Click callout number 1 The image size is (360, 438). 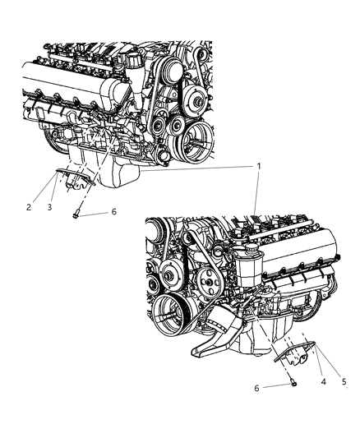pos(258,167)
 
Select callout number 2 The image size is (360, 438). pos(29,207)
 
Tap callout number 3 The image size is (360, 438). pos(49,207)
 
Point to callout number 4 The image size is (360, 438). pos(323,381)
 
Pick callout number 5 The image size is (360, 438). pos(344,381)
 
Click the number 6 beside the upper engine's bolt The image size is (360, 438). pos(113,212)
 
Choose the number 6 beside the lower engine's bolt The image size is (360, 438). pos(256,388)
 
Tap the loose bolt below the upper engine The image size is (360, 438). pos(76,214)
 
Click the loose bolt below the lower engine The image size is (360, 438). pos(293,383)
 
